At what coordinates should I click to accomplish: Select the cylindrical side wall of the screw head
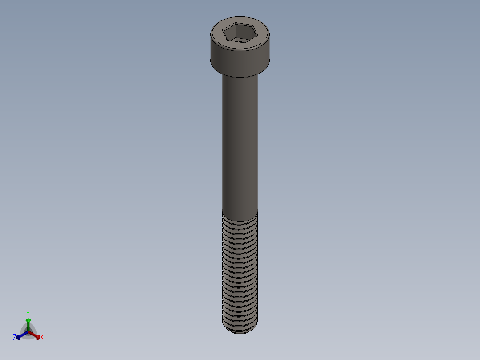(x=240, y=60)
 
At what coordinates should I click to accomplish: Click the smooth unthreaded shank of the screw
(x=240, y=143)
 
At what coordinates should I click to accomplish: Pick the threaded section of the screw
(x=240, y=272)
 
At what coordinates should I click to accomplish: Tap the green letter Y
(x=28, y=313)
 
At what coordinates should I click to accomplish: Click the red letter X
(x=42, y=338)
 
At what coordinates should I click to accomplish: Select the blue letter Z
(x=15, y=338)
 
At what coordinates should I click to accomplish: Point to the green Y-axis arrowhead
(x=28, y=320)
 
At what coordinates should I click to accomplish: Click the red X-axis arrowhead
(x=37, y=336)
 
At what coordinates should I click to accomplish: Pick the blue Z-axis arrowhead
(x=19, y=337)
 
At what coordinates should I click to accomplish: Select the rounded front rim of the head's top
(x=240, y=48)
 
